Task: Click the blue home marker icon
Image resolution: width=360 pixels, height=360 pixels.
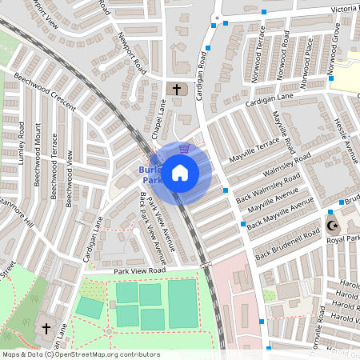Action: pos(180,172)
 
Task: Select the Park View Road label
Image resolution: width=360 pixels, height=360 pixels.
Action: pos(139,271)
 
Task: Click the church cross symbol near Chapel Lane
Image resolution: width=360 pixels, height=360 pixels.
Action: pos(176,89)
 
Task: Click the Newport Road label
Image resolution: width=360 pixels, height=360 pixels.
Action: pos(128,52)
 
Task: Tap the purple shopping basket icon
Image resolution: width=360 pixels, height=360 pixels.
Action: pos(185,147)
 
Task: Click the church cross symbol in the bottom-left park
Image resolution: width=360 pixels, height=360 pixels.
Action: pos(46,328)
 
